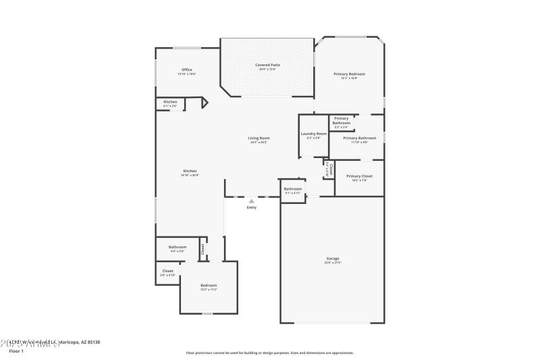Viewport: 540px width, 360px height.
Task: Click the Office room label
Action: (187, 70)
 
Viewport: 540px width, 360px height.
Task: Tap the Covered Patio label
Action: (267, 65)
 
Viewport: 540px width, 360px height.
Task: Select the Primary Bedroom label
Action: (349, 74)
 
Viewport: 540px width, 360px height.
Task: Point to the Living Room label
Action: (259, 138)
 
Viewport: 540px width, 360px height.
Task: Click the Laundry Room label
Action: (313, 134)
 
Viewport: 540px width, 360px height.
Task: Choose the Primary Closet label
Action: (359, 176)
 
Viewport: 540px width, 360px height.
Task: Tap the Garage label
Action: (333, 258)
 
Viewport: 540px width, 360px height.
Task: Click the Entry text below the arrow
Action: (251, 207)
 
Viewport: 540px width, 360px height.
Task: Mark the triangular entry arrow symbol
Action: (251, 201)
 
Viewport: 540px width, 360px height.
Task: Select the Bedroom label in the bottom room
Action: (209, 286)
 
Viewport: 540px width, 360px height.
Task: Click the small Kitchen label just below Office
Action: (170, 102)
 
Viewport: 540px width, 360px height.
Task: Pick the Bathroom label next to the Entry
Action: (292, 188)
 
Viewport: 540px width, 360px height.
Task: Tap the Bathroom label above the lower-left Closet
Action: (178, 247)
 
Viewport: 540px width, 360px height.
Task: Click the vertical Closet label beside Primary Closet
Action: (329, 169)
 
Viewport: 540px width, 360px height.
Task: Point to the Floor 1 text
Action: (16, 351)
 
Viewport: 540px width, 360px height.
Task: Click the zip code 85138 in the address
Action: (91, 342)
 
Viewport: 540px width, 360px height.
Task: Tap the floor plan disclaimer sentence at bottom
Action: (269, 353)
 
